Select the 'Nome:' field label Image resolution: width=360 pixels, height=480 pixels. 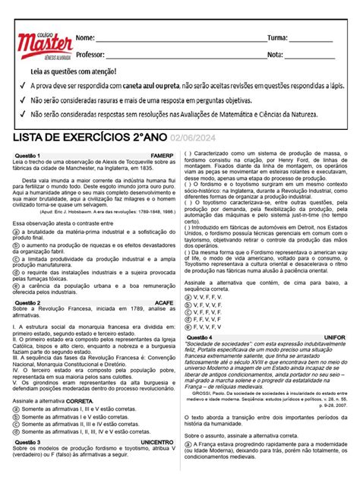85,38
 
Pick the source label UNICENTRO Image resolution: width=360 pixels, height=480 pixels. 156,441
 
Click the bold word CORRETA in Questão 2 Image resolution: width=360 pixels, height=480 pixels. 77,400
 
